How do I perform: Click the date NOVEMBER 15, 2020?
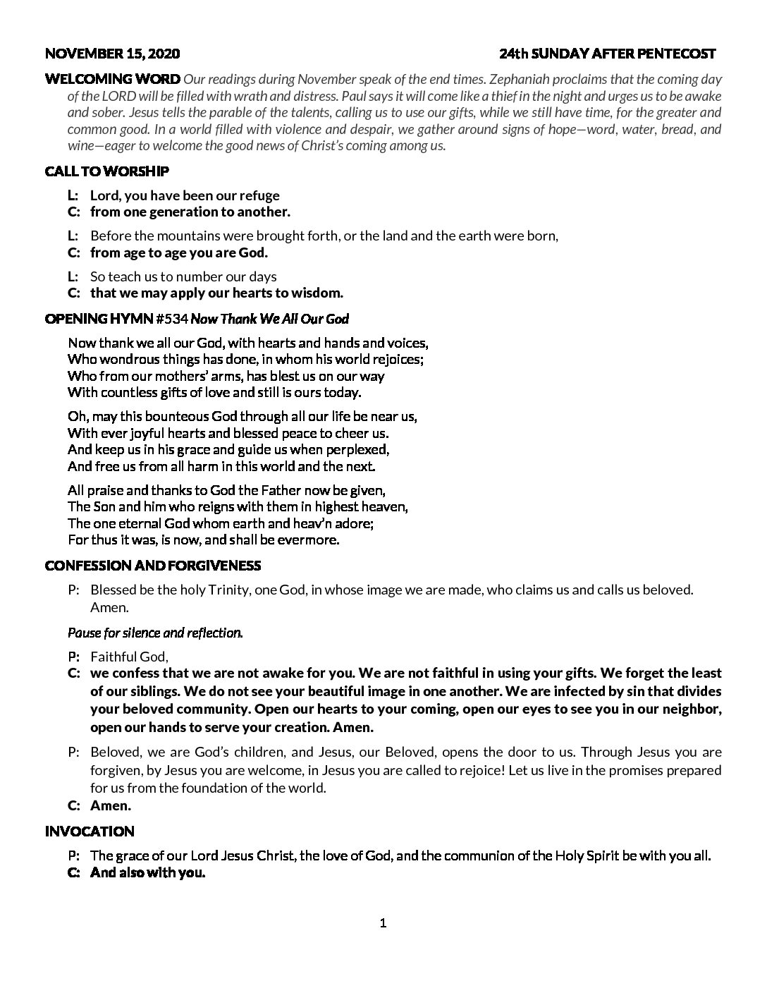tap(112, 54)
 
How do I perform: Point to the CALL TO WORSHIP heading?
tap(106, 171)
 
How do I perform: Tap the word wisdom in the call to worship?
tap(318, 293)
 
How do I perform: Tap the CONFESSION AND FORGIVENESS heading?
tap(153, 566)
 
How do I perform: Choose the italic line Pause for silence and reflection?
tap(155, 633)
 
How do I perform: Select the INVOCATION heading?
tap(90, 832)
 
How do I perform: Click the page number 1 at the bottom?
tap(383, 923)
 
